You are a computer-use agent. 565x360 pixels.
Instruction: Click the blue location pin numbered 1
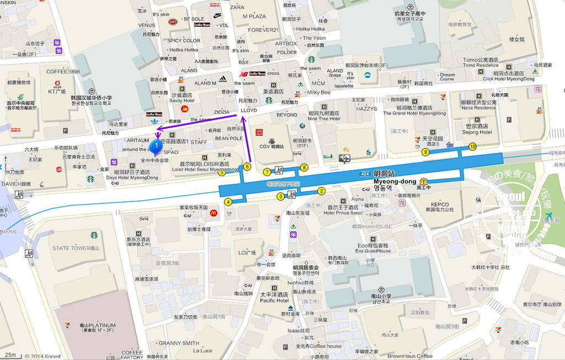click(x=156, y=146)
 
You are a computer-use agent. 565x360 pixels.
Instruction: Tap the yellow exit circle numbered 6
click(x=247, y=166)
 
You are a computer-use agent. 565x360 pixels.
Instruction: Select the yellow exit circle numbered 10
click(x=472, y=146)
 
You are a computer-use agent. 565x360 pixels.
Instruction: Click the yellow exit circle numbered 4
click(x=228, y=202)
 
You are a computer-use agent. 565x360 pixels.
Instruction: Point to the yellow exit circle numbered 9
click(x=425, y=152)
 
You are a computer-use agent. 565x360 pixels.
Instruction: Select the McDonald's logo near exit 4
click(x=214, y=213)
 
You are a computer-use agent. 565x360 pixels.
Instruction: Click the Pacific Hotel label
click(x=275, y=301)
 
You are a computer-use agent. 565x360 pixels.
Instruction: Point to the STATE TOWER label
click(x=76, y=248)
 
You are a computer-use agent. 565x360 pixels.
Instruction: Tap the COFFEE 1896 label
click(x=63, y=72)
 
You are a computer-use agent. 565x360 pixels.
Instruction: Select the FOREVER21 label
click(x=263, y=30)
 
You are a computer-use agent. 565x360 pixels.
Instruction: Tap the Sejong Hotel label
click(x=477, y=132)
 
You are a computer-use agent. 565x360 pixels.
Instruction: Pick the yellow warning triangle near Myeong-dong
click(x=424, y=181)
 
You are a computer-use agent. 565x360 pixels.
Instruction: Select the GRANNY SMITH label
click(x=179, y=343)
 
